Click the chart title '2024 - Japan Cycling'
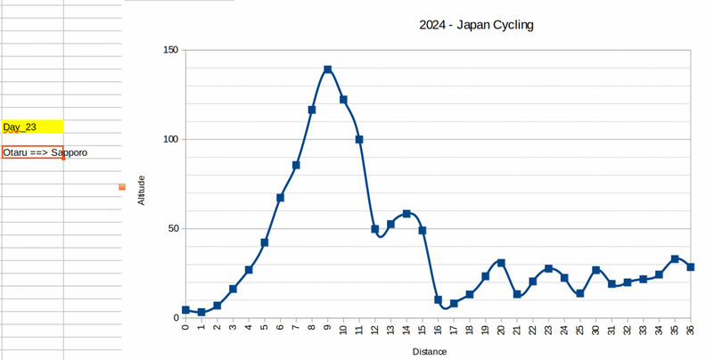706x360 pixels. click(x=476, y=25)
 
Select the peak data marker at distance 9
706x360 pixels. click(x=328, y=70)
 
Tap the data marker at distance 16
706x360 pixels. click(x=439, y=300)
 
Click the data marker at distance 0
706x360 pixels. click(x=185, y=310)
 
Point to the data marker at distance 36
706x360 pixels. click(x=691, y=267)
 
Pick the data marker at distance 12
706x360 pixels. click(x=375, y=229)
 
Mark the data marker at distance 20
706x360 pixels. click(x=501, y=263)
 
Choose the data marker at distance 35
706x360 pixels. click(x=675, y=259)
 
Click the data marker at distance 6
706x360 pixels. click(x=280, y=198)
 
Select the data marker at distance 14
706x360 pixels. click(x=406, y=214)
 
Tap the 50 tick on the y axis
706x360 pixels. click(x=172, y=228)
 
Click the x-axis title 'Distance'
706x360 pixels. click(x=430, y=352)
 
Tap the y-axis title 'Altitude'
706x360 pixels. click(x=141, y=189)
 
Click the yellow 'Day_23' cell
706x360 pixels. click(x=32, y=127)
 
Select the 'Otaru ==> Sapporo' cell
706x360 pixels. click(x=32, y=153)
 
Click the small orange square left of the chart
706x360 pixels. click(x=122, y=187)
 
